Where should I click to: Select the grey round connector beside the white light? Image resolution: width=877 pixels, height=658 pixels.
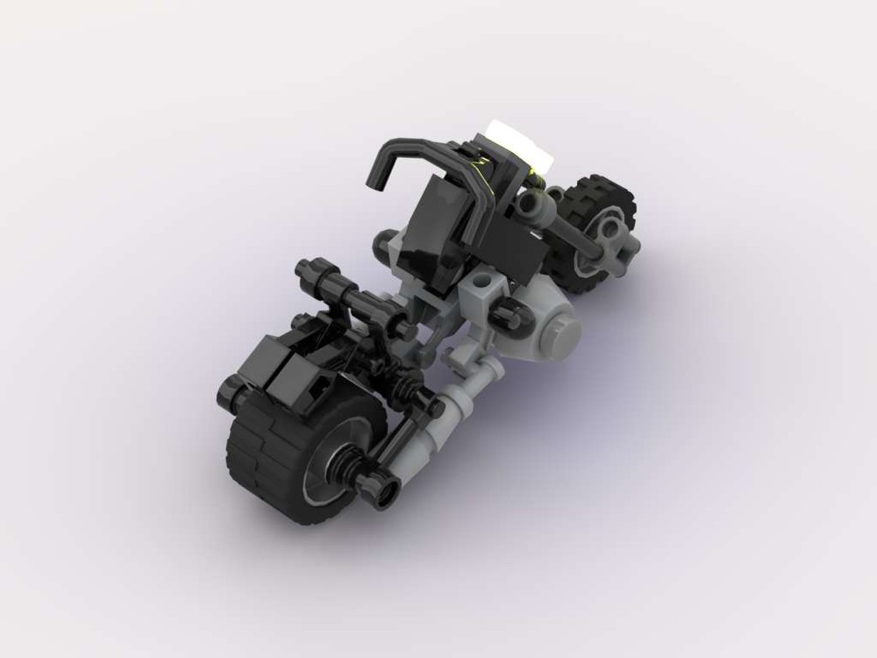click(532, 204)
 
